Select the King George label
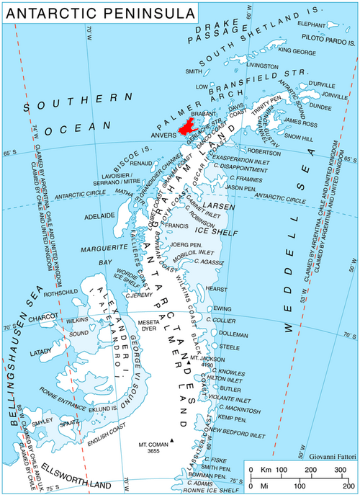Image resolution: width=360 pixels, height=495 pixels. (297, 51)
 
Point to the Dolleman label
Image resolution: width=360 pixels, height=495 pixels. (233, 335)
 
